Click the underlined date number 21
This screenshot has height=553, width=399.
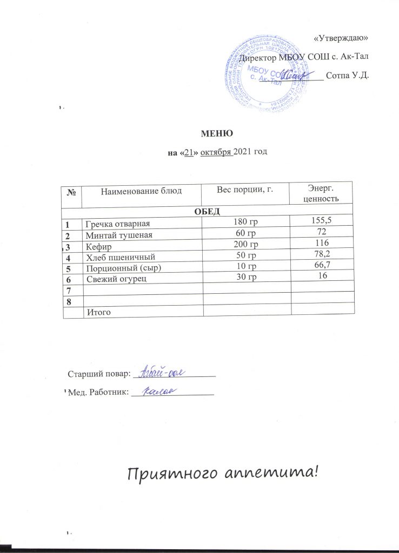coord(189,152)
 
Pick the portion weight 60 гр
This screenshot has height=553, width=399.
coord(245,233)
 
